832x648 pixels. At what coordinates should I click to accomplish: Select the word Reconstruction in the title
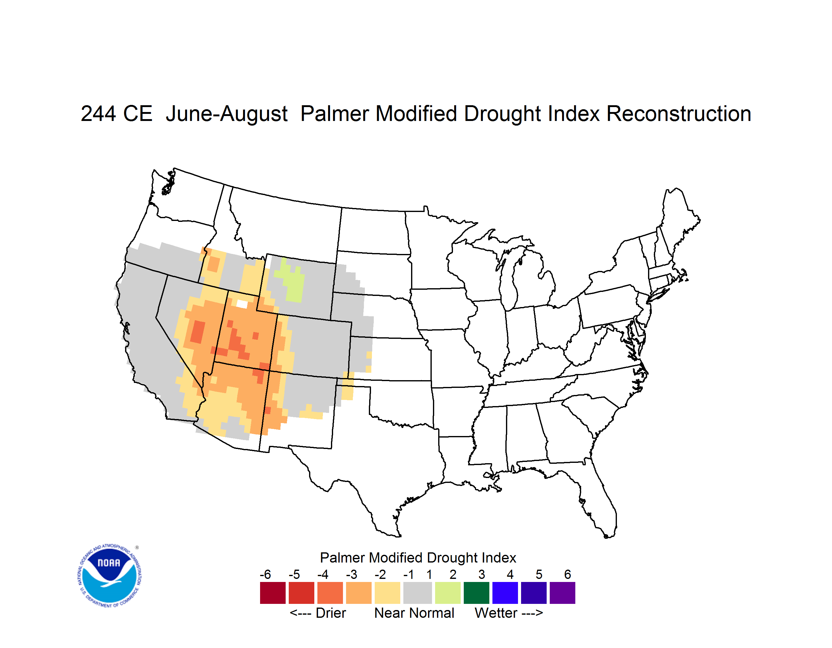coord(679,114)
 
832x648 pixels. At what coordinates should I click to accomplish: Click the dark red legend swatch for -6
coord(273,593)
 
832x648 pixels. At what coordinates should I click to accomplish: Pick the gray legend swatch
coord(418,593)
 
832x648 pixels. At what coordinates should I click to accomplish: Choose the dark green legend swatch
coord(476,593)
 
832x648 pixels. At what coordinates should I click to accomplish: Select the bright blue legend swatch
coord(505,593)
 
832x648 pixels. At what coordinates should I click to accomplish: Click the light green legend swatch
coord(448,593)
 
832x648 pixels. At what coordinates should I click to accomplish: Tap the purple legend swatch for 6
coord(562,593)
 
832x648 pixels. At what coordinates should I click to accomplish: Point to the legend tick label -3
coord(351,574)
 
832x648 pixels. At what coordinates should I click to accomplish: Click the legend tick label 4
coord(510,574)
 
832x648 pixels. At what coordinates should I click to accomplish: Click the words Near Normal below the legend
coord(414,613)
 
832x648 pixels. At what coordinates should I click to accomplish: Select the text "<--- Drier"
coord(318,613)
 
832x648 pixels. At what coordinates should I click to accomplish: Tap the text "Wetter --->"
coord(508,613)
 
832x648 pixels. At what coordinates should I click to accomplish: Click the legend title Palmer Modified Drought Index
coord(418,558)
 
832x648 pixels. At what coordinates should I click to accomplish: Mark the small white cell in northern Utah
coord(242,304)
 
